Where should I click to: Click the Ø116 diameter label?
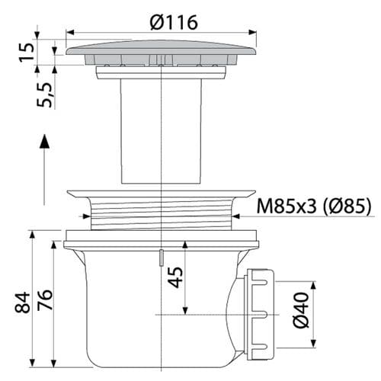(x=174, y=22)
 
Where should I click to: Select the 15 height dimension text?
(x=27, y=52)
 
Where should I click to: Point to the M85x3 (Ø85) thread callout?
(x=314, y=207)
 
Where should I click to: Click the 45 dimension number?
(x=175, y=277)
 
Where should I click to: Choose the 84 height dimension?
(x=22, y=303)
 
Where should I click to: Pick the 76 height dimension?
(x=45, y=299)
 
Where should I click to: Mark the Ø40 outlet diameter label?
(x=301, y=310)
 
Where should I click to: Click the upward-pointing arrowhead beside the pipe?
(x=44, y=141)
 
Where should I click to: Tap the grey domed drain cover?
(x=161, y=48)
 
